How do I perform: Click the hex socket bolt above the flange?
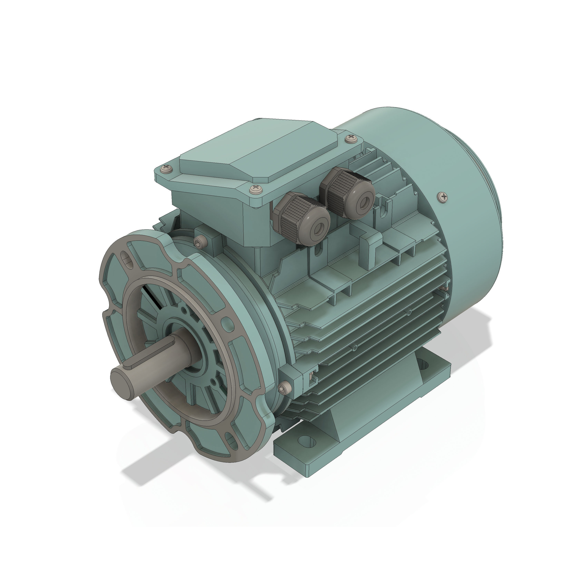[x=201, y=242]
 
